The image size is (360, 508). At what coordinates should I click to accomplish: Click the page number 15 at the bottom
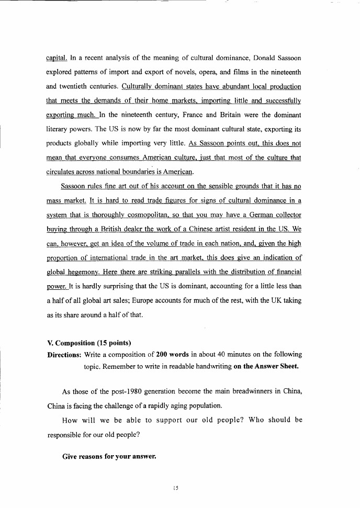pyautogui.click(x=176, y=489)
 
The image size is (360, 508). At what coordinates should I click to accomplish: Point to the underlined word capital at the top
pyautogui.click(x=56, y=57)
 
